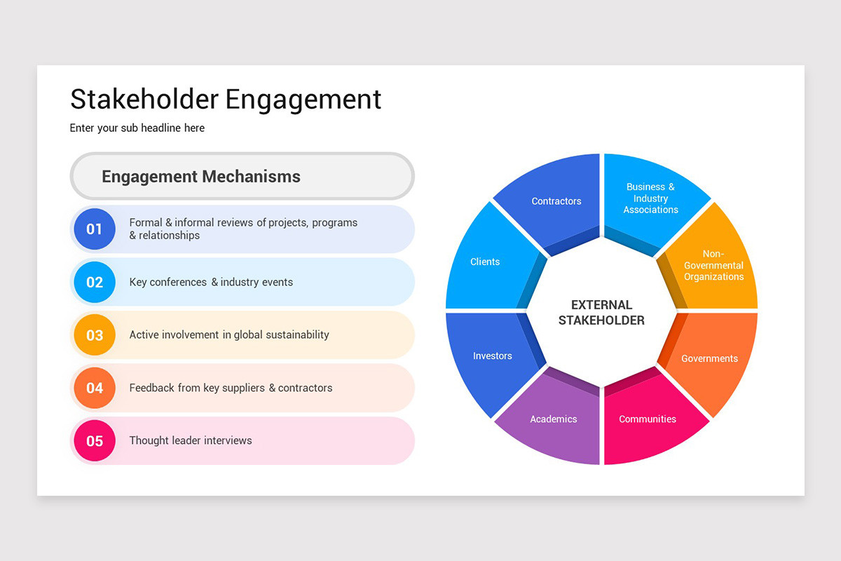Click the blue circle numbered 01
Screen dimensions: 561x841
pos(95,229)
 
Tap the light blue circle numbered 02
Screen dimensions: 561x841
pos(95,282)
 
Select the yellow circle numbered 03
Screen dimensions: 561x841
pos(95,335)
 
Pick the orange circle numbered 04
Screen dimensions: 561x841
pos(95,388)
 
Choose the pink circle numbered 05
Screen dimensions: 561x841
pos(95,441)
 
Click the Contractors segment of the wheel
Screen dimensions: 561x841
pos(556,201)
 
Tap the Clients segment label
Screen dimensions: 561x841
pos(485,262)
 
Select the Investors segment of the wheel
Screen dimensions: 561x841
pos(492,356)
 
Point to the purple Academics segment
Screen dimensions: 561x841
pos(554,419)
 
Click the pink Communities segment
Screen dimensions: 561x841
pos(648,419)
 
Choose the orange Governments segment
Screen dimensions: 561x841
pos(709,358)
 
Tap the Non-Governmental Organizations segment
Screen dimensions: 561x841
pos(713,265)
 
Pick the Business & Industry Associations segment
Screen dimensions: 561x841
pos(650,198)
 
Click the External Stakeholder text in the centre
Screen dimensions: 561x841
pos(601,313)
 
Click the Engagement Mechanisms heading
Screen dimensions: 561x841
pos(201,177)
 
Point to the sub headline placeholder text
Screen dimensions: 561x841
pos(137,128)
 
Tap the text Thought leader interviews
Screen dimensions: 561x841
pos(191,440)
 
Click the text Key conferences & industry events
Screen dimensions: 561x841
pos(211,282)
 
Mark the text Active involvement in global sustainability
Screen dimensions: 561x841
pos(229,335)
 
